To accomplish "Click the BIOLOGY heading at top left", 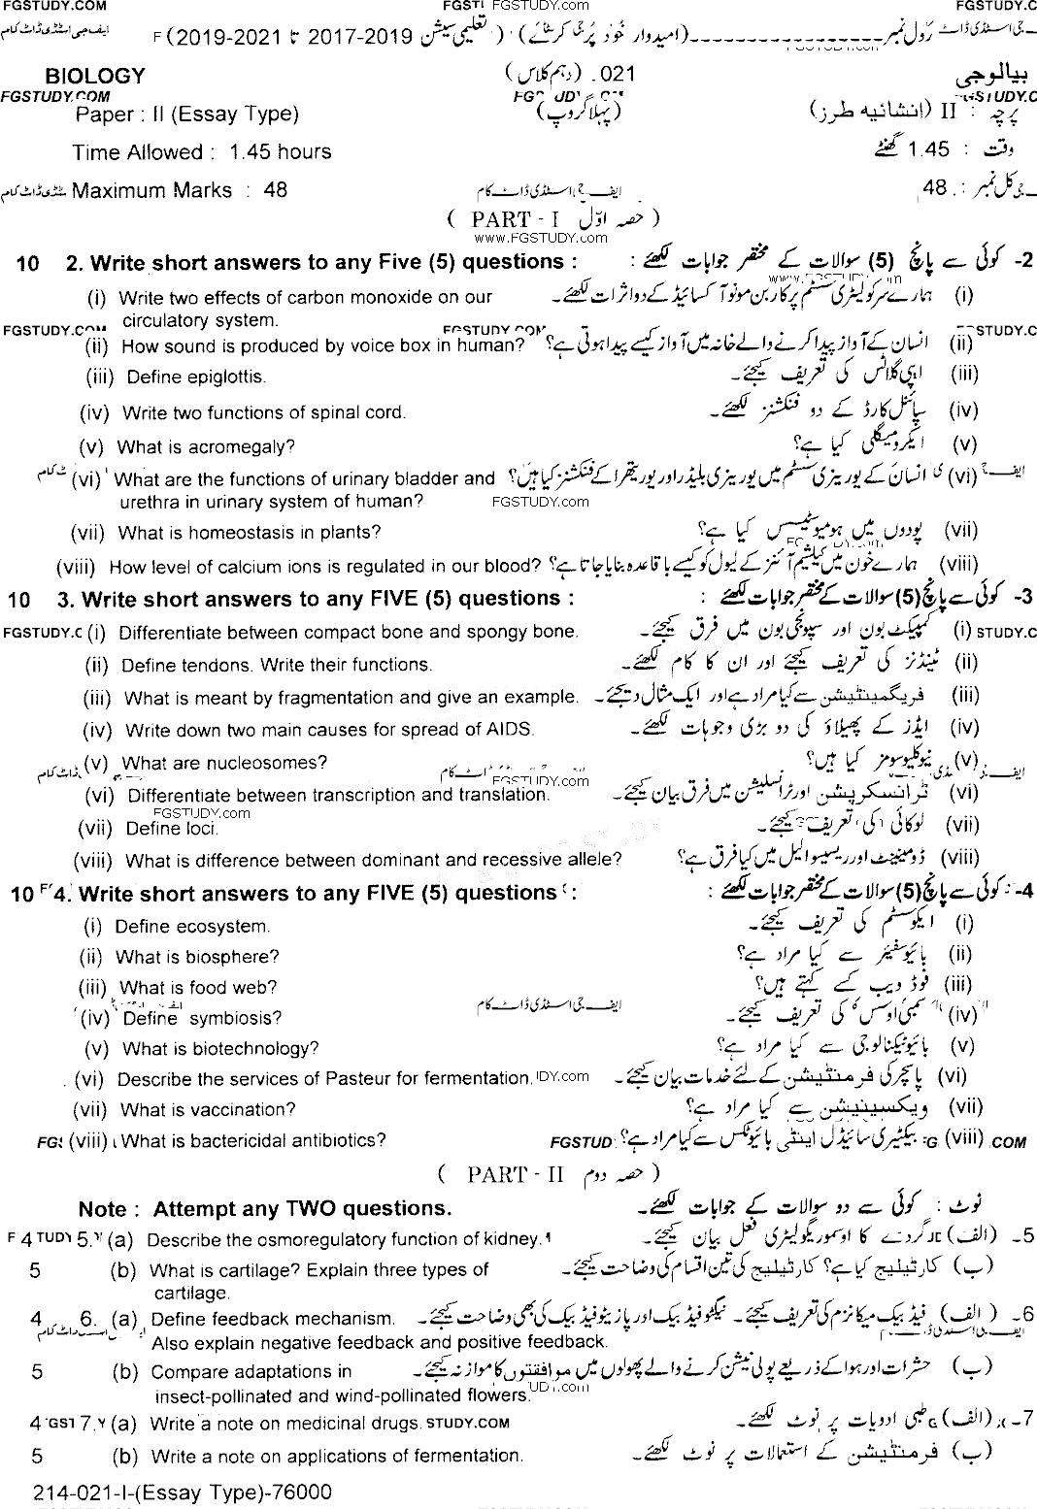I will (95, 76).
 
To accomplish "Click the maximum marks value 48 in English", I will (275, 190).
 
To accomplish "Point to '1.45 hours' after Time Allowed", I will (280, 152).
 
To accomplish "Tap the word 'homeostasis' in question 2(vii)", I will (244, 532).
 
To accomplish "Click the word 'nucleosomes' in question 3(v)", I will (267, 763).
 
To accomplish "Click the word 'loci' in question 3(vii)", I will (200, 828).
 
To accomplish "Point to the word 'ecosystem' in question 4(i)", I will (219, 926).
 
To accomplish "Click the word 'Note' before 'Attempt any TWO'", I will (103, 1209).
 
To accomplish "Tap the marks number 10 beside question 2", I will (28, 263).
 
